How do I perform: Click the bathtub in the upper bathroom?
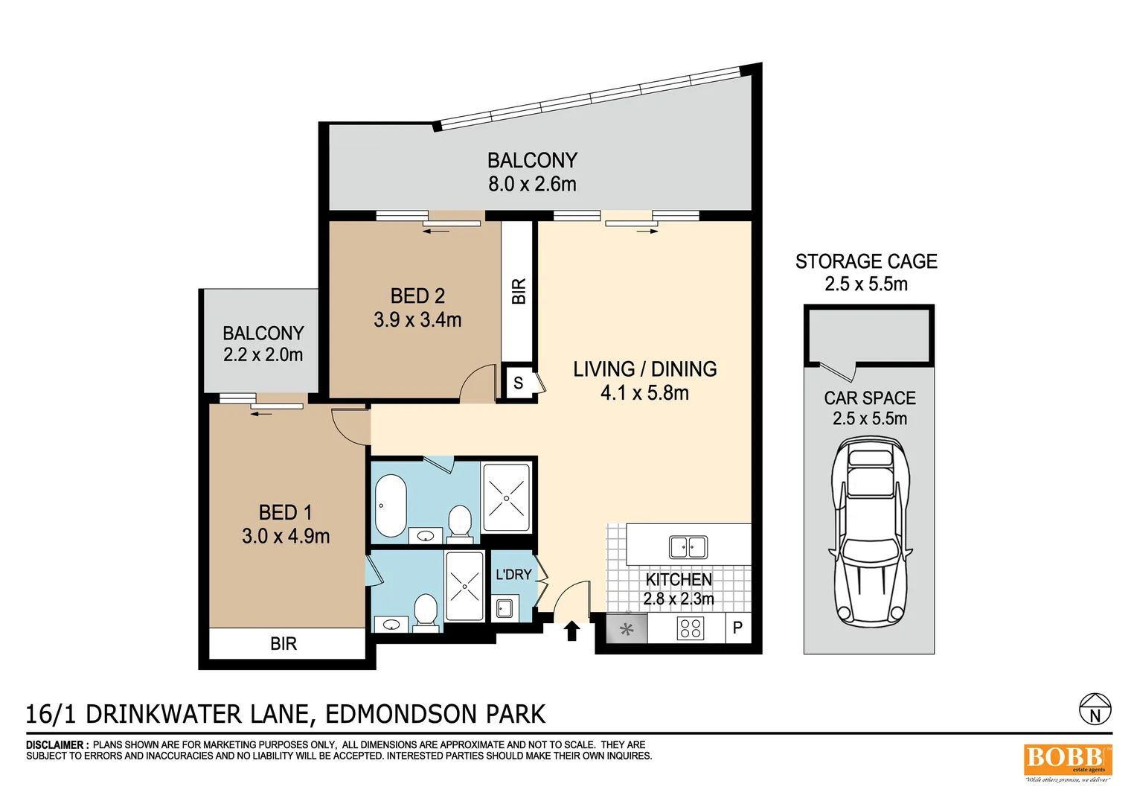390,505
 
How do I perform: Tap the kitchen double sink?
688,547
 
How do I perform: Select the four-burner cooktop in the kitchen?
690,629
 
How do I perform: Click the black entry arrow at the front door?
571,631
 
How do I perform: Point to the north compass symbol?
1095,709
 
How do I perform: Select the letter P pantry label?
737,628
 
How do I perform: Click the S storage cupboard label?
519,383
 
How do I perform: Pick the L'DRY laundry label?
513,575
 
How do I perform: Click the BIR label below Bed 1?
284,644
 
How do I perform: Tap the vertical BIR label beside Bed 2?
519,291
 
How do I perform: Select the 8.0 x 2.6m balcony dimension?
532,184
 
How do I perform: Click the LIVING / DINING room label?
644,369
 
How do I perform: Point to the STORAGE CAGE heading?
866,261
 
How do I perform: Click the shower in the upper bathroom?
506,497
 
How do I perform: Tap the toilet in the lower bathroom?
426,610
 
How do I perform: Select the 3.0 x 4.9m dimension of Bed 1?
286,536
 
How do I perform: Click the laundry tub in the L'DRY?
505,608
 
